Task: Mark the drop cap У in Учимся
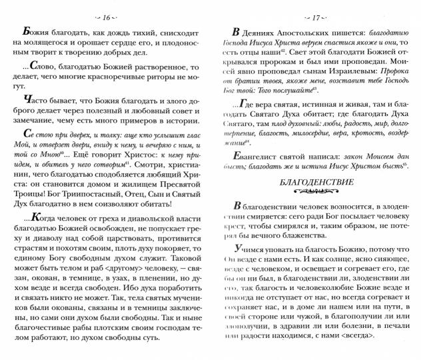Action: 236,247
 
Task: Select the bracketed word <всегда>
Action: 386,343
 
